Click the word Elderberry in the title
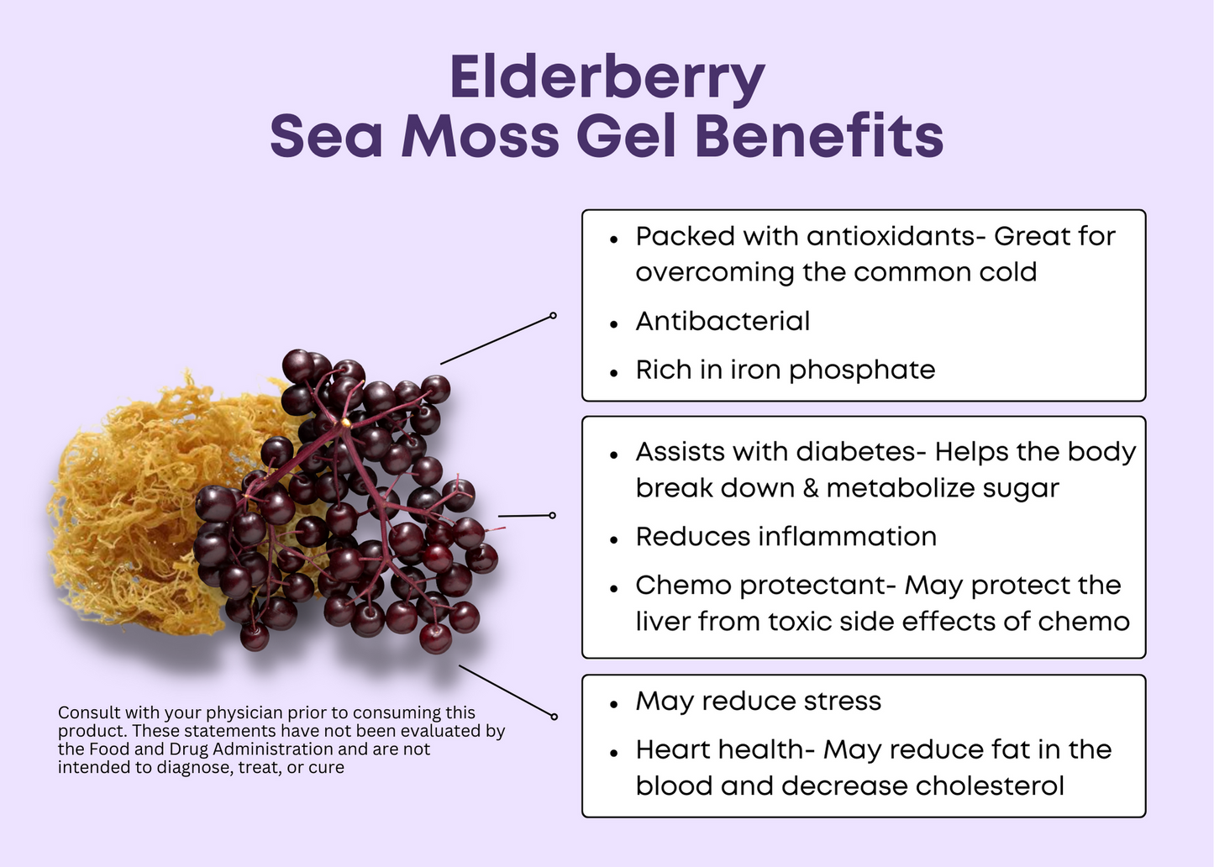coord(607,78)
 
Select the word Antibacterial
coord(723,321)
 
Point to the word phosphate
coord(862,371)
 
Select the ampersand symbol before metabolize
coord(811,487)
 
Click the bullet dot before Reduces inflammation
coord(613,540)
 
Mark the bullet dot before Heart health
coord(613,754)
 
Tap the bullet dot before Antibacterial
coord(613,324)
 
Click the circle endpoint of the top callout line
coord(553,315)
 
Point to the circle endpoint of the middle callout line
coord(552,515)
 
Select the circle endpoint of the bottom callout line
coord(554,717)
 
